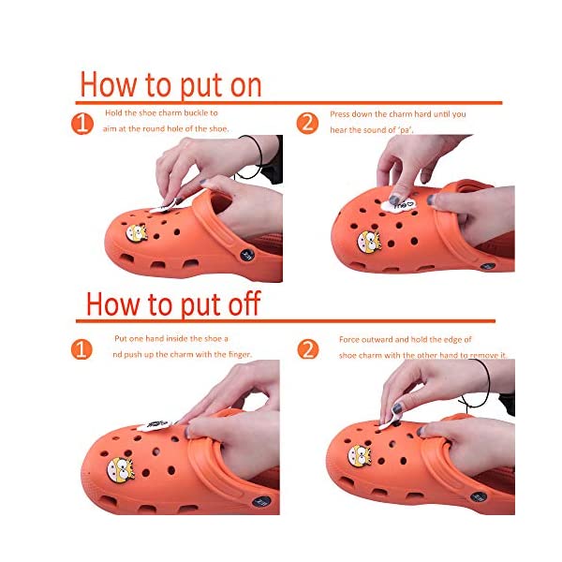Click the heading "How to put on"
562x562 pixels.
pyautogui.click(x=170, y=85)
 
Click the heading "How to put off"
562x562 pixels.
pyautogui.click(x=173, y=303)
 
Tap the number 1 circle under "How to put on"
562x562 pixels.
pyautogui.click(x=82, y=124)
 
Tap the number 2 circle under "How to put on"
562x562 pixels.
pyautogui.click(x=307, y=124)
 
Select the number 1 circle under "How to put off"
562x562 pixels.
pyautogui.click(x=81, y=349)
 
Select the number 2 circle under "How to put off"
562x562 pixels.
pyautogui.click(x=308, y=349)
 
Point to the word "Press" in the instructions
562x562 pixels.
pyautogui.click(x=339, y=114)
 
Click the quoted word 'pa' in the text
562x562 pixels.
pyautogui.click(x=406, y=130)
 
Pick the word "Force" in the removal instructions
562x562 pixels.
pyautogui.click(x=348, y=339)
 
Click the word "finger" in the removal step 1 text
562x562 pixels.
pyautogui.click(x=240, y=354)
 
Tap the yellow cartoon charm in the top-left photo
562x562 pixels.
pyautogui.click(x=137, y=233)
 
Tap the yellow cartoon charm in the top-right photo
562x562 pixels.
pyautogui.click(x=369, y=243)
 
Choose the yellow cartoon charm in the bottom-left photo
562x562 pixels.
pyautogui.click(x=121, y=469)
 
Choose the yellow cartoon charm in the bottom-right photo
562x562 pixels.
pyautogui.click(x=360, y=455)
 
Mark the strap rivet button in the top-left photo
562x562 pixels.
pyautogui.click(x=247, y=255)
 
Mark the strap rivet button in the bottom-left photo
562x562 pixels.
pyautogui.click(x=261, y=501)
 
